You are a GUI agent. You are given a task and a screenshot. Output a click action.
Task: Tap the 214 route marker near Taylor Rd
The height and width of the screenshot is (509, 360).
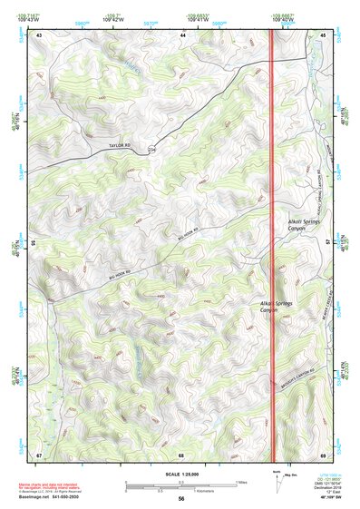[x=151, y=150]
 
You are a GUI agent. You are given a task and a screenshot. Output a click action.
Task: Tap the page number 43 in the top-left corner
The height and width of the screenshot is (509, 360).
[x=39, y=34]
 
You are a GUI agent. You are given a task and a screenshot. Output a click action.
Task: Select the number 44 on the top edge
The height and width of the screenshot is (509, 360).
[x=183, y=34]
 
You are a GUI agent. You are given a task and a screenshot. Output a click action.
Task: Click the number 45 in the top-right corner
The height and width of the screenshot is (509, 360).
[x=323, y=34]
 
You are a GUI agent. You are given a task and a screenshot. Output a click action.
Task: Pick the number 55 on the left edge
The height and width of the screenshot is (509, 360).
[x=34, y=243]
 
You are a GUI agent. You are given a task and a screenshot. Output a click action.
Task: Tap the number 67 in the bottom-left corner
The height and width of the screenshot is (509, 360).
[x=39, y=454]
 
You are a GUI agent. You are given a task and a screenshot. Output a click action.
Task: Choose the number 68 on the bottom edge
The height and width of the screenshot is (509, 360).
[x=182, y=454]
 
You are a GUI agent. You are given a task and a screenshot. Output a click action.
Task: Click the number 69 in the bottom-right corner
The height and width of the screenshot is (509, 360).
[x=323, y=454]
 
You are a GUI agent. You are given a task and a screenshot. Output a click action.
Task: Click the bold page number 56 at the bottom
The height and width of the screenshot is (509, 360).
[x=181, y=499]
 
